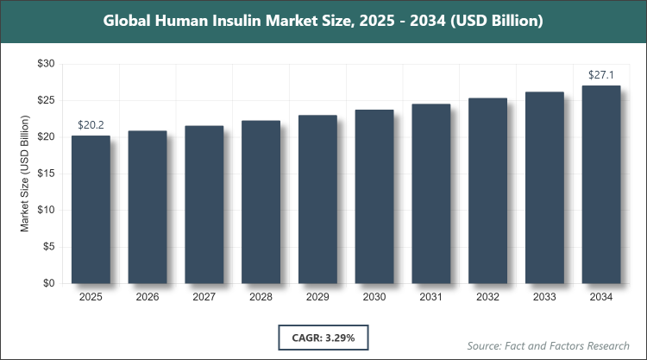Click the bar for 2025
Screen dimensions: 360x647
[x=91, y=210]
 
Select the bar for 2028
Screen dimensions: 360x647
[x=261, y=202]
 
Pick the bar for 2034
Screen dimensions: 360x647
[x=600, y=185]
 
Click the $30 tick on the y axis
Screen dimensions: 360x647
[x=46, y=64]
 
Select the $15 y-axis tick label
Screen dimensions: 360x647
[x=46, y=174]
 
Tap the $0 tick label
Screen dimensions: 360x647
[x=49, y=283]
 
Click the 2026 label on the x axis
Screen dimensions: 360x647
[x=148, y=297]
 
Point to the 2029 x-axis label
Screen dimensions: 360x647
[x=317, y=297]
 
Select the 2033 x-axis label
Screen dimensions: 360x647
[x=543, y=297]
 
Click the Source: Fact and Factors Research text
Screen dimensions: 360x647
[x=550, y=345]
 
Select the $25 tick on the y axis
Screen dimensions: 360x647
[x=46, y=100]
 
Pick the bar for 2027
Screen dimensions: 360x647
[x=204, y=205]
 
